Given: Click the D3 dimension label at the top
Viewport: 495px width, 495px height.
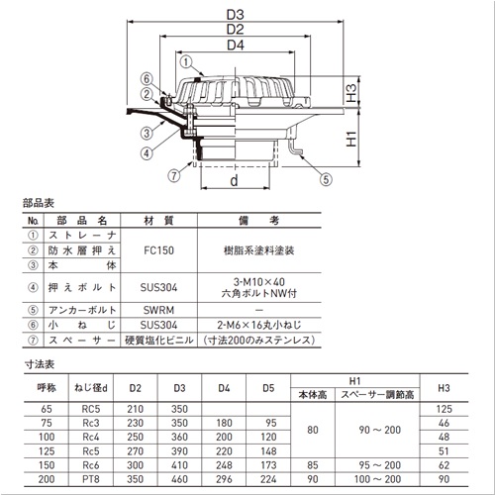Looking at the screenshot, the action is coord(235,15).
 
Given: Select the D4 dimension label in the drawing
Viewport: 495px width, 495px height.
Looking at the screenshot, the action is coord(236,45).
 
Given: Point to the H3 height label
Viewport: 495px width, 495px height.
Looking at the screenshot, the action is coord(351,93).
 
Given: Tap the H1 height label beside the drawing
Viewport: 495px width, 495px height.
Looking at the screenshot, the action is coord(351,139).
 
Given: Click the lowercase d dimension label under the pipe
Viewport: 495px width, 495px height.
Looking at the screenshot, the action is coord(234,180).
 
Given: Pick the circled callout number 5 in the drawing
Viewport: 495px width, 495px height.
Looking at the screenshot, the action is coord(326,179).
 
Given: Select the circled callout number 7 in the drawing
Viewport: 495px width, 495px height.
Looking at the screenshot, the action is coord(174,175).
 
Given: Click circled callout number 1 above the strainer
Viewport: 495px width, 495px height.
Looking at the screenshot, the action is coord(186,61).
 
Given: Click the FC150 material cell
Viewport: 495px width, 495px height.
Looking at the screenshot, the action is coord(158,250).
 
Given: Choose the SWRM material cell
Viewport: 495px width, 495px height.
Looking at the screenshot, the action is coord(158,310).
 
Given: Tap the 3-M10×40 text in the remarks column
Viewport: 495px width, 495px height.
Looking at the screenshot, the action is coord(259,282).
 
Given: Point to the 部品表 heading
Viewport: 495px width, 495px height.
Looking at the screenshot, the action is coord(39,203).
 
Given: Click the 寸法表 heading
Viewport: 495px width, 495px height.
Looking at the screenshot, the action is coord(40,364).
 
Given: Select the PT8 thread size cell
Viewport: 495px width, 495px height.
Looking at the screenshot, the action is coord(91,479).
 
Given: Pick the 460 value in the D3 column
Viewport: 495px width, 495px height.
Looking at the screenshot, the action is coord(179,479).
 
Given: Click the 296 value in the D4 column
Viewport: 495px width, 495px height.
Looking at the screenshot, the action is coord(224,479).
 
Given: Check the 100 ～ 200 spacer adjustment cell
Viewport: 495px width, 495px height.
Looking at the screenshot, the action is coord(377,479).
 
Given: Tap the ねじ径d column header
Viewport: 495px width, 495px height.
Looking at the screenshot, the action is coord(91,388).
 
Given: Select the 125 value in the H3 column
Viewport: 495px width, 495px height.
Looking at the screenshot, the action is coord(445,409).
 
